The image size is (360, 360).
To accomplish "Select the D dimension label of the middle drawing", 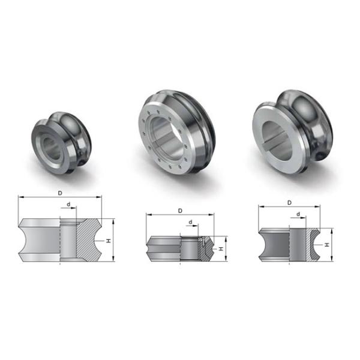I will pyautogui.click(x=180, y=211).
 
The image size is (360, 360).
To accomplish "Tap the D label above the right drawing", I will pyautogui.click(x=289, y=202).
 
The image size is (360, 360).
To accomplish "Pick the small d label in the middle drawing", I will pyautogui.click(x=191, y=222).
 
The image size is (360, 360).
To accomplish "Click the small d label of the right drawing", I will pyautogui.click(x=298, y=214).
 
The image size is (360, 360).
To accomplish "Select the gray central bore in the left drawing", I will pyautogui.click(x=68, y=240).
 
